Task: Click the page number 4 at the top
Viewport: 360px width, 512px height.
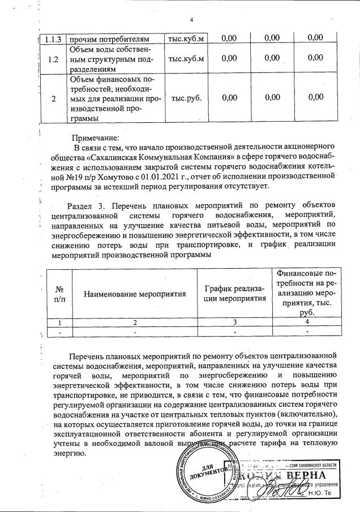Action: pyautogui.click(x=191, y=20)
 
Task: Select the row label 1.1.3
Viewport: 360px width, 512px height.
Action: pyautogui.click(x=53, y=38)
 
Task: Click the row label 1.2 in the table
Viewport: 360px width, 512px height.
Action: pyautogui.click(x=53, y=58)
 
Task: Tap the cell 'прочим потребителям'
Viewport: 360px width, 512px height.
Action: pyautogui.click(x=108, y=38)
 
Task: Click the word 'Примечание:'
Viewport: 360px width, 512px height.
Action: pyautogui.click(x=96, y=138)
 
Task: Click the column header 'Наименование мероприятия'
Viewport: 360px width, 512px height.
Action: pyautogui.click(x=135, y=295)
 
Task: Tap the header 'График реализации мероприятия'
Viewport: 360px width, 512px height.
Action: pyautogui.click(x=234, y=295)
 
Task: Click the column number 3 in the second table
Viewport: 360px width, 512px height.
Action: pyautogui.click(x=234, y=322)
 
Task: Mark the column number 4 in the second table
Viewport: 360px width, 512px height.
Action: pyautogui.click(x=306, y=322)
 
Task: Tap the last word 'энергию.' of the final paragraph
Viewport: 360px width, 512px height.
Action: pyautogui.click(x=68, y=453)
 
